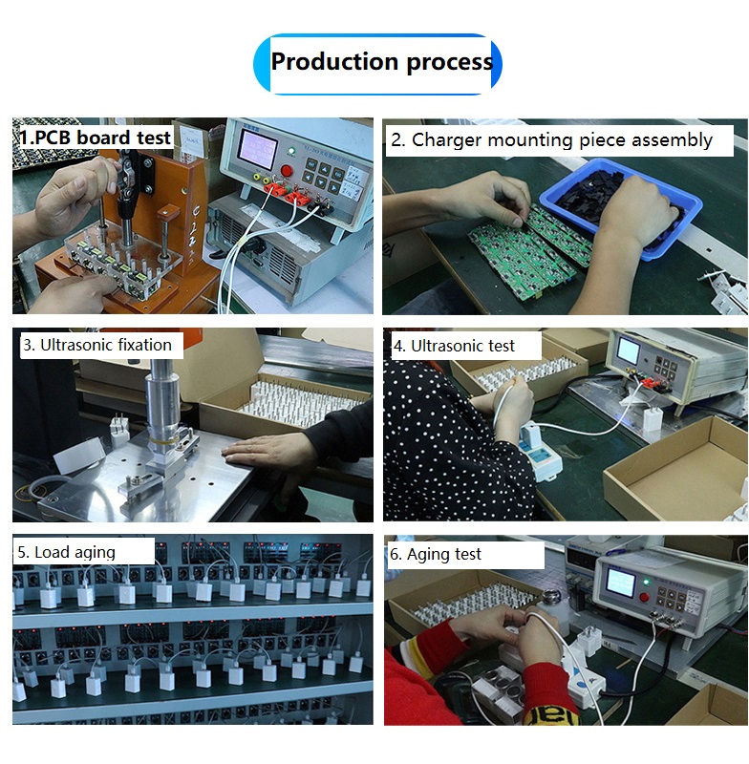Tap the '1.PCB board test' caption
click(x=96, y=138)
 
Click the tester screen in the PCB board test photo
click(x=260, y=148)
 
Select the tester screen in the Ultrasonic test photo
click(x=628, y=350)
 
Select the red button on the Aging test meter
click(x=643, y=598)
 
